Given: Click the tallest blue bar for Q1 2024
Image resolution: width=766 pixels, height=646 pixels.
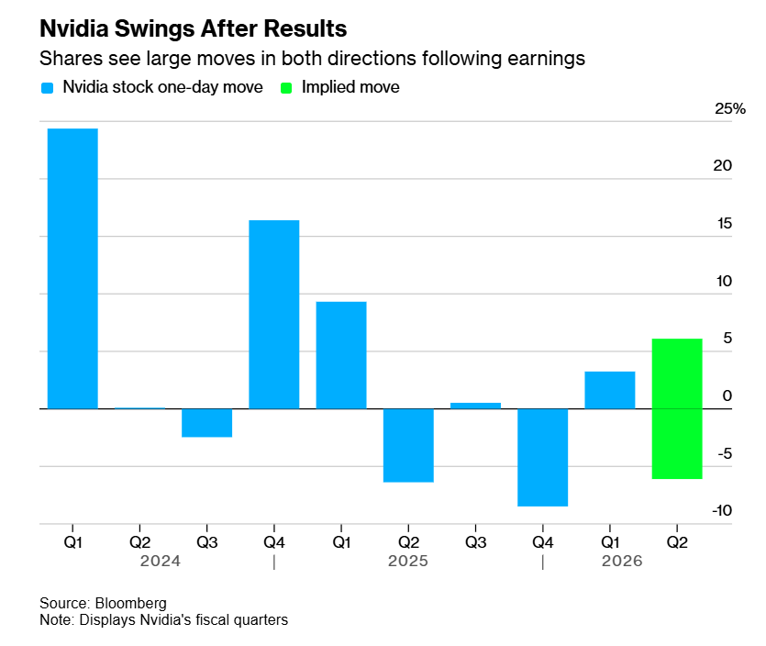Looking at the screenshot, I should pyautogui.click(x=72, y=268).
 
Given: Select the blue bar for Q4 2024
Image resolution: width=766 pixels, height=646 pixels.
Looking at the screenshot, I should pyautogui.click(x=274, y=314).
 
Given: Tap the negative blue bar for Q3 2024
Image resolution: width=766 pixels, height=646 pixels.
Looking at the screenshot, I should pyautogui.click(x=206, y=423).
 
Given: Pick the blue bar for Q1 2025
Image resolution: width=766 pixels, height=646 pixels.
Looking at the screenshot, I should pyautogui.click(x=341, y=355).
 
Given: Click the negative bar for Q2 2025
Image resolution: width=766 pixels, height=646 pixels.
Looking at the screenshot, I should pyautogui.click(x=408, y=445).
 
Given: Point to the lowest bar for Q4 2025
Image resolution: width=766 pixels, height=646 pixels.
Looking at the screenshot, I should pyautogui.click(x=542, y=457).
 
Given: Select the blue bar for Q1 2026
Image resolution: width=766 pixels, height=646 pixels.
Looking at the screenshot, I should pyautogui.click(x=610, y=390).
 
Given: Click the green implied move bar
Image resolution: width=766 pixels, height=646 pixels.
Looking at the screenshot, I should pyautogui.click(x=677, y=408).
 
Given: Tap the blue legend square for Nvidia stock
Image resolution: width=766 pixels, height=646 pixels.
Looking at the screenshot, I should pyautogui.click(x=48, y=88).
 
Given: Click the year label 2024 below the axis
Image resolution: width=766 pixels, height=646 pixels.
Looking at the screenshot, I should pyautogui.click(x=161, y=561).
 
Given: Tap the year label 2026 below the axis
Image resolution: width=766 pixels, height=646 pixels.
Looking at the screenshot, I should pyautogui.click(x=622, y=561).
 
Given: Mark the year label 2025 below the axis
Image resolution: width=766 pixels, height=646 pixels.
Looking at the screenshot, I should pyautogui.click(x=408, y=561).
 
